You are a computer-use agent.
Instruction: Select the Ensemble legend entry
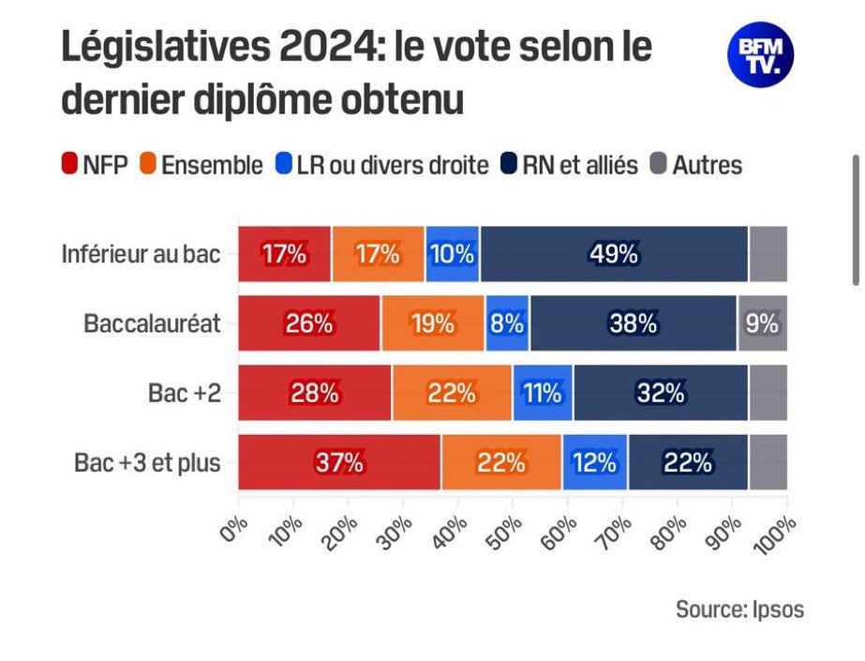pyautogui.click(x=201, y=166)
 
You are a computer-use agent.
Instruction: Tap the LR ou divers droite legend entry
pyautogui.click(x=382, y=166)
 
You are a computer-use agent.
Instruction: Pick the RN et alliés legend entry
pyautogui.click(x=573, y=166)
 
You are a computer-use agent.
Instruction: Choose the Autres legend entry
pyautogui.click(x=695, y=166)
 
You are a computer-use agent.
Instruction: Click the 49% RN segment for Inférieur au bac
pyautogui.click(x=614, y=254)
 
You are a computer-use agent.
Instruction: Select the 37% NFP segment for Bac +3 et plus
pyautogui.click(x=339, y=462)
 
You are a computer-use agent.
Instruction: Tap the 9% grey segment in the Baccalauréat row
pyautogui.click(x=763, y=323)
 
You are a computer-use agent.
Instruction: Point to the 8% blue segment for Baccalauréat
pyautogui.click(x=507, y=323)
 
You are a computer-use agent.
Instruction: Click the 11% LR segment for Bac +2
pyautogui.click(x=543, y=393)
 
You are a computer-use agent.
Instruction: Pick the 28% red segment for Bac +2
pyautogui.click(x=315, y=393)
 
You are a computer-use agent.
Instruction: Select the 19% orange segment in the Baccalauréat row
pyautogui.click(x=433, y=323)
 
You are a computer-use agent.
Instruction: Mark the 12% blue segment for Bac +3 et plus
pyautogui.click(x=594, y=462)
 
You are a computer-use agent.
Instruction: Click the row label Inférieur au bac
pyautogui.click(x=142, y=254)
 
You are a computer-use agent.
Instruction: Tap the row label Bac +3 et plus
pyautogui.click(x=147, y=462)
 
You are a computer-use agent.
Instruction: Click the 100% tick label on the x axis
pyautogui.click(x=773, y=531)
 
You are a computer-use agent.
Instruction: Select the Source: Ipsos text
pyautogui.click(x=739, y=608)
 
